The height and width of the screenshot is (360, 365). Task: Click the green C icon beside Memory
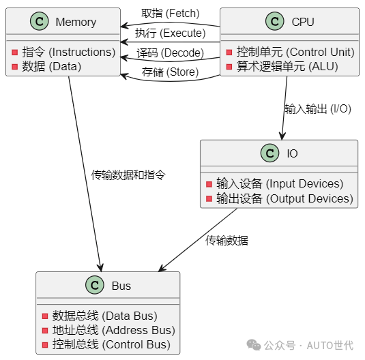point(40,22)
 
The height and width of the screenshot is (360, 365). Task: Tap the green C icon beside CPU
point(275,22)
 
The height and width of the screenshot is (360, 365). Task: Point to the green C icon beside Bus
point(94,286)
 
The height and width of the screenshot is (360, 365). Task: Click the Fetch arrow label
point(170,14)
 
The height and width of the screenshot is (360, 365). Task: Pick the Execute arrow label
point(170,33)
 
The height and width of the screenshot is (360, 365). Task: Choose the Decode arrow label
point(170,52)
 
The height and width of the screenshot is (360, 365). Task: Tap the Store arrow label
point(170,72)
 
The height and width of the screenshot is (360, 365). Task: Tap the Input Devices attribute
point(280,183)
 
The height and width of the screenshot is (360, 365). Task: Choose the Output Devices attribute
point(284,198)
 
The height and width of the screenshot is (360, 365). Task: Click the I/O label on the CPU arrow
point(317,108)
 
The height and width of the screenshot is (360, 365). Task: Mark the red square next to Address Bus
point(45,331)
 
